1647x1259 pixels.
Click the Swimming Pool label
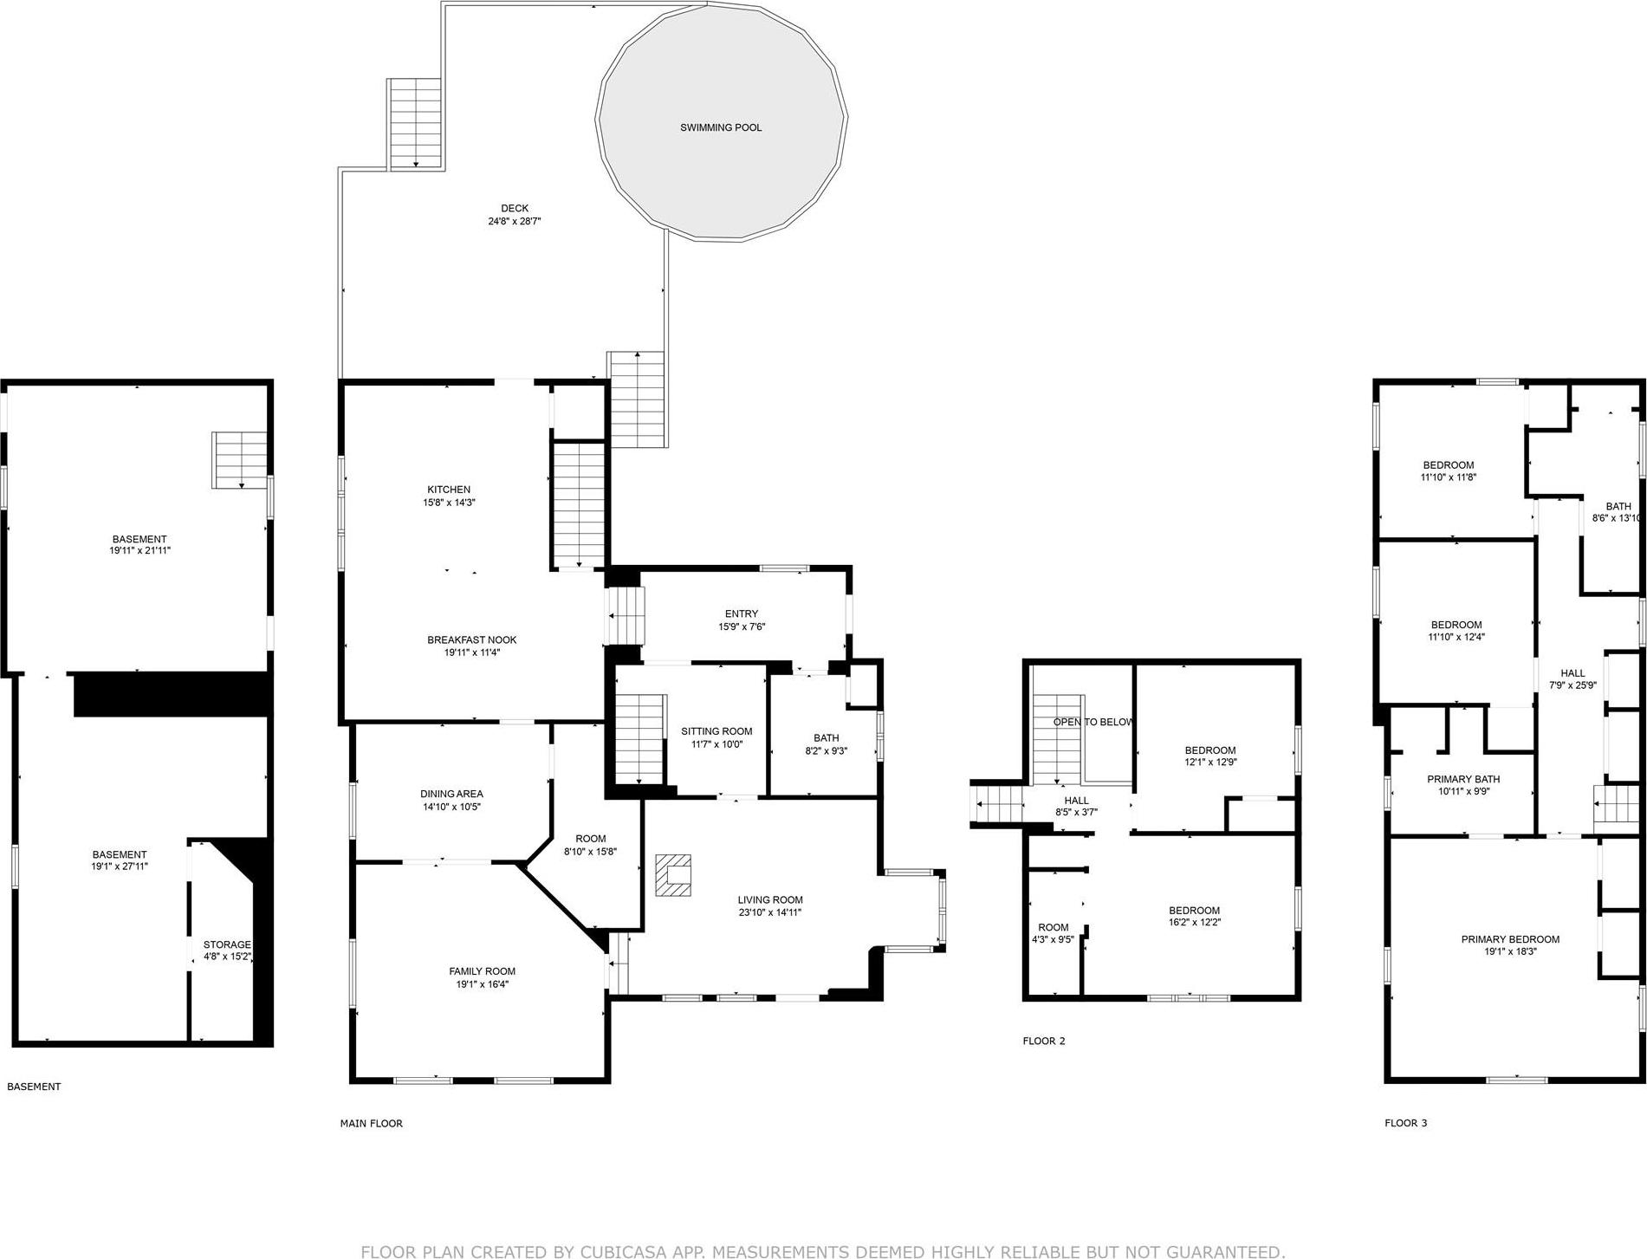tap(720, 127)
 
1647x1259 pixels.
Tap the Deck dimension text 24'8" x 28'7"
tap(515, 222)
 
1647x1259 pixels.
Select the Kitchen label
tap(448, 490)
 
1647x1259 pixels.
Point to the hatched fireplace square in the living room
tap(673, 875)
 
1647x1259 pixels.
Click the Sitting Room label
tap(717, 731)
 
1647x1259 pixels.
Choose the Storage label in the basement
tap(226, 944)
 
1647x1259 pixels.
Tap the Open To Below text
tap(1093, 722)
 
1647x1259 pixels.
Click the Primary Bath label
tap(1462, 779)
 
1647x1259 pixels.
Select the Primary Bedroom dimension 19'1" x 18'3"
tap(1510, 951)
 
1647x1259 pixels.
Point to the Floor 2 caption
tap(1043, 1041)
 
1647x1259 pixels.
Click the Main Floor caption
tap(371, 1123)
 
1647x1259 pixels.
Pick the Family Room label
tap(482, 971)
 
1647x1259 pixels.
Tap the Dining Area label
tap(451, 794)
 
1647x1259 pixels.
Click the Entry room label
tap(741, 613)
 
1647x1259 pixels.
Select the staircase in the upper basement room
tap(240, 460)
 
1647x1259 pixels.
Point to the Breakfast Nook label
tap(471, 639)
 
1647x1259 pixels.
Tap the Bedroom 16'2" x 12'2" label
tap(1194, 910)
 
